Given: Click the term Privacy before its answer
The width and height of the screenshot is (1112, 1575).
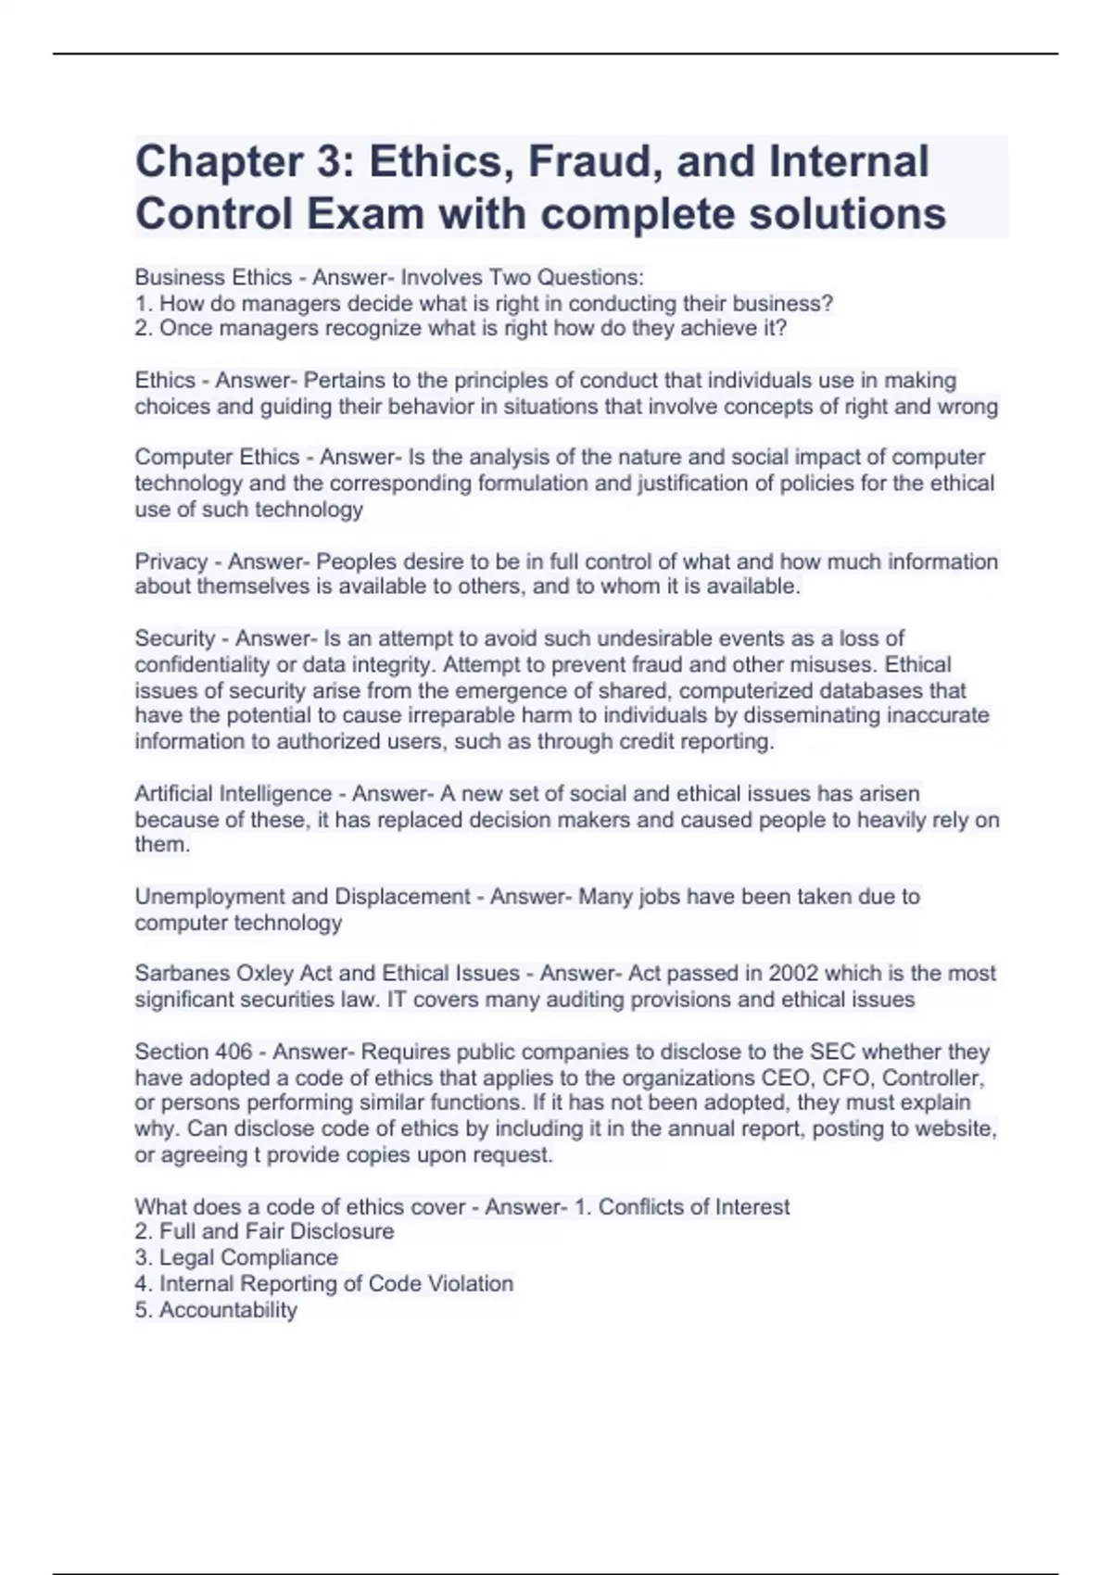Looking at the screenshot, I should (171, 561).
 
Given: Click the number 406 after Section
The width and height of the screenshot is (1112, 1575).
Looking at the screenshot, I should (234, 1052).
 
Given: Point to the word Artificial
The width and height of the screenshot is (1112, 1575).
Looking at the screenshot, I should (173, 794).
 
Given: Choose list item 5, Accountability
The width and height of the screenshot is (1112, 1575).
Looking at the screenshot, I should (228, 1310).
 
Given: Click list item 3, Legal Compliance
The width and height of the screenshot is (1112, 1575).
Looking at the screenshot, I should (248, 1258).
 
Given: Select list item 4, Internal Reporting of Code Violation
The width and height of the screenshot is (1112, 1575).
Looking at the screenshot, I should (335, 1284).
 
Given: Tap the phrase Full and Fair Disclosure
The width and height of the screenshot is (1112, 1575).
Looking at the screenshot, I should (276, 1231).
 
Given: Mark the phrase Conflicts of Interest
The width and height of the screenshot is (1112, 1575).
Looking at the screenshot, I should (694, 1207).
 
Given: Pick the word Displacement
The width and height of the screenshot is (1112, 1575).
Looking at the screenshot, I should (402, 897).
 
